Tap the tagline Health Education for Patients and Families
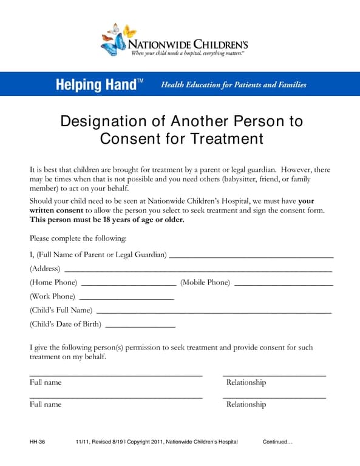(233, 85)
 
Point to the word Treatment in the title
(227, 139)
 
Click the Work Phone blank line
(126, 298)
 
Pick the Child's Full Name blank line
(214, 312)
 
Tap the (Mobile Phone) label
(205, 283)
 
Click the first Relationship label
(246, 383)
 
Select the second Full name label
(46, 404)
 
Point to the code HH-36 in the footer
(37, 442)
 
